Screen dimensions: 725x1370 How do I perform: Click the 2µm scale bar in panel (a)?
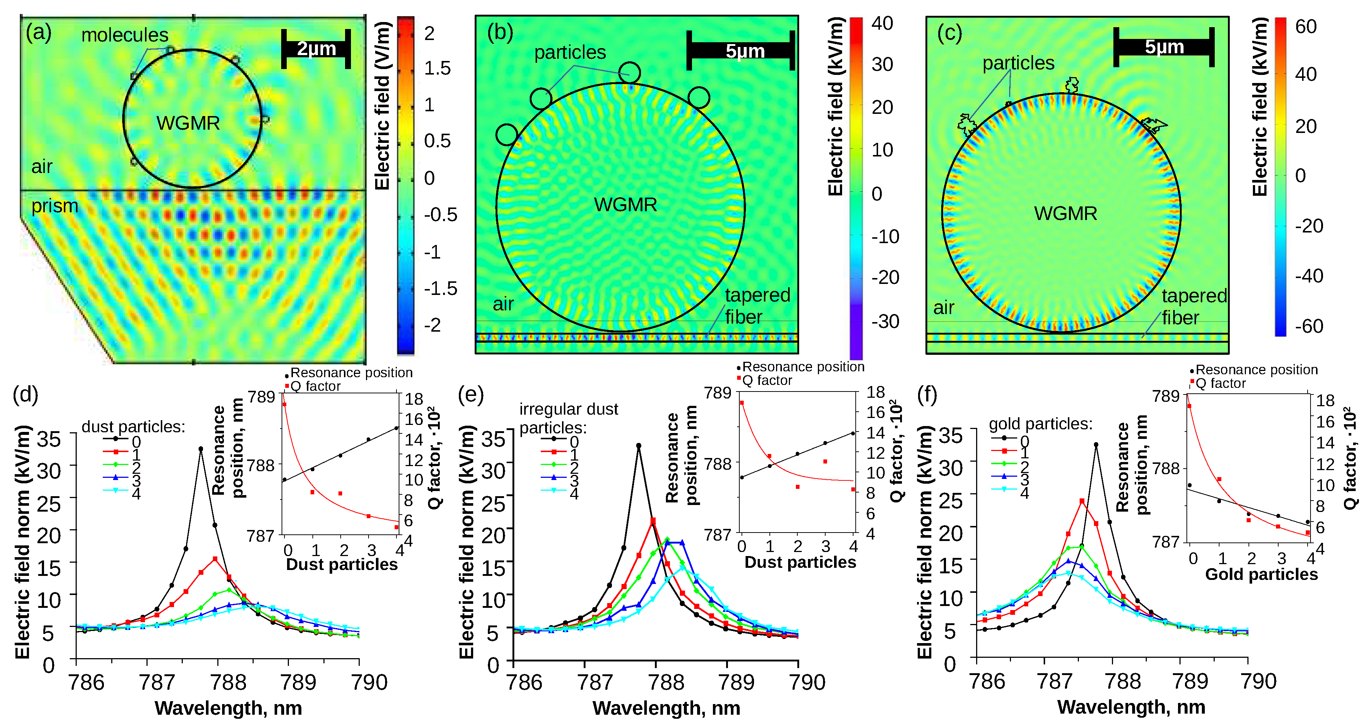pyautogui.click(x=316, y=49)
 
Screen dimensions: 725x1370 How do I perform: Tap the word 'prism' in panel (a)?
pyautogui.click(x=54, y=206)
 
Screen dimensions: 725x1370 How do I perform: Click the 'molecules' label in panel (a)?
pyautogui.click(x=124, y=35)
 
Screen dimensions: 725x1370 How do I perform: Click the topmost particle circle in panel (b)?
pyautogui.click(x=630, y=73)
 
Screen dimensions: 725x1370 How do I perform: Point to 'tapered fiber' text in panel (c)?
pyautogui.click(x=1193, y=306)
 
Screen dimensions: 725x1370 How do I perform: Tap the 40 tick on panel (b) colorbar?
pyautogui.click(x=882, y=24)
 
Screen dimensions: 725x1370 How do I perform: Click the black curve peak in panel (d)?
pyautogui.click(x=200, y=449)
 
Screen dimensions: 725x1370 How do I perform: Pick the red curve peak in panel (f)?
pyautogui.click(x=1082, y=501)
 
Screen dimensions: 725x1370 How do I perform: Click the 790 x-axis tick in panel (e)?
pyautogui.click(x=807, y=682)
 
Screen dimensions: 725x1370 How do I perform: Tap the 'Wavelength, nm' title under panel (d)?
pyautogui.click(x=228, y=708)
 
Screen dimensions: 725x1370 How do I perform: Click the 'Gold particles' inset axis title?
pyautogui.click(x=1261, y=574)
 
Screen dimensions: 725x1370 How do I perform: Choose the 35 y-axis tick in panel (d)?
pyautogui.click(x=48, y=439)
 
